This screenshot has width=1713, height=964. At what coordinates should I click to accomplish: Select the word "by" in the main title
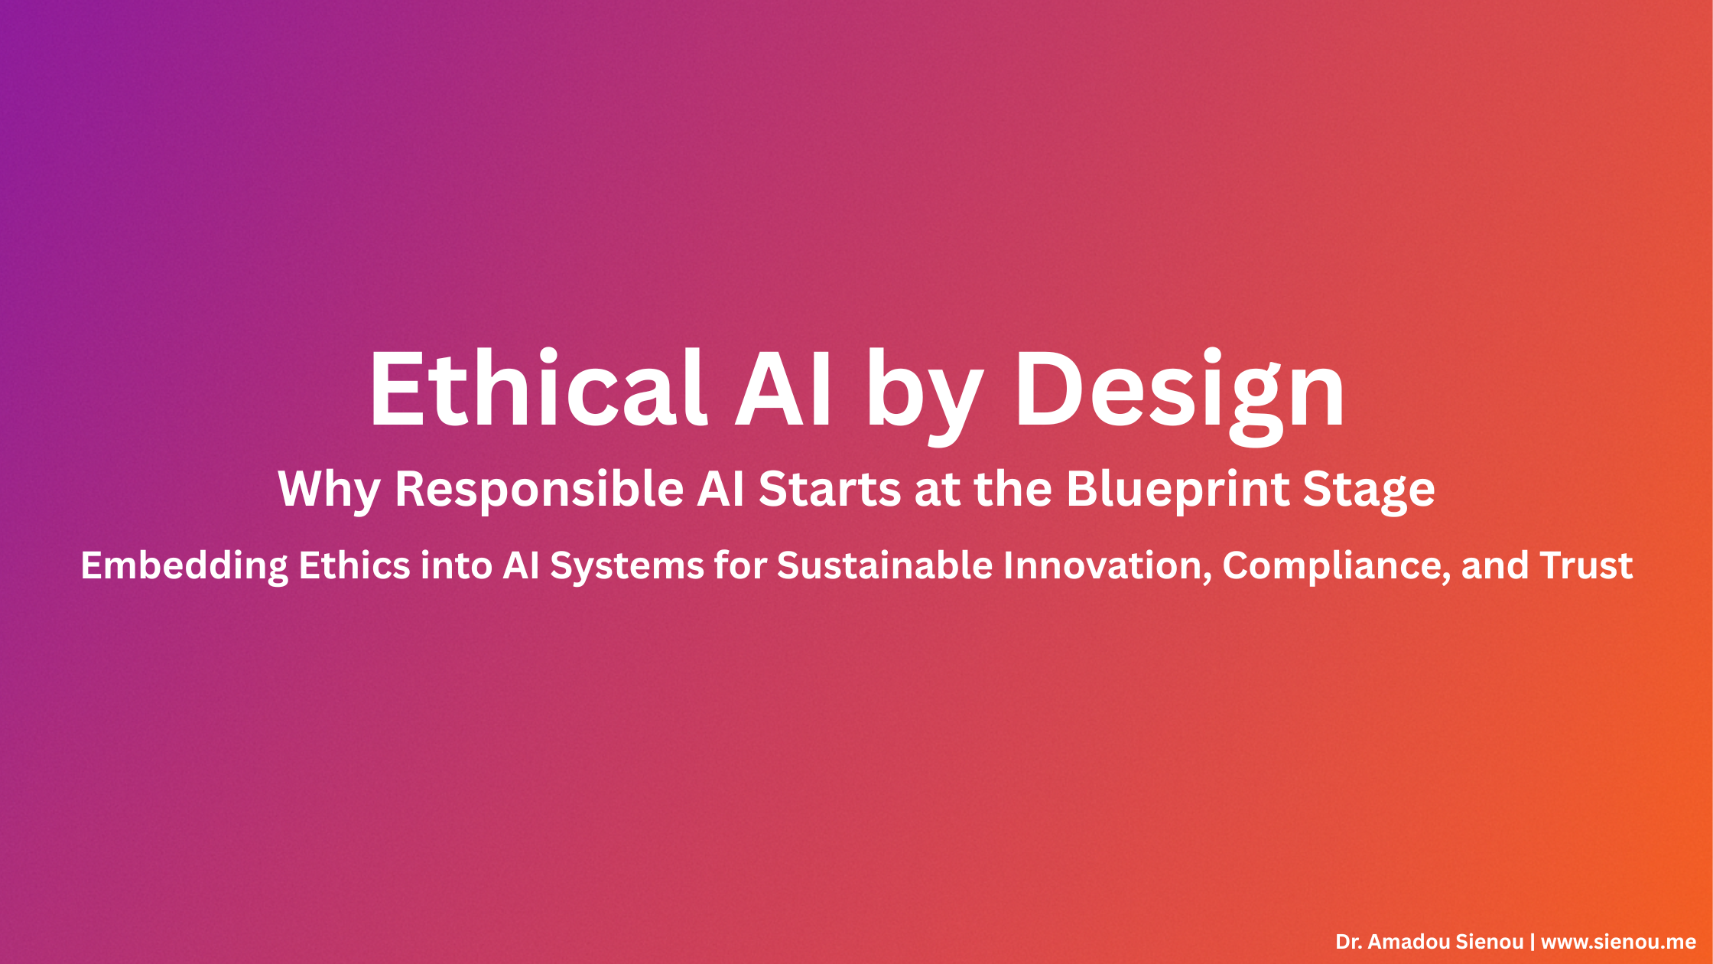923,394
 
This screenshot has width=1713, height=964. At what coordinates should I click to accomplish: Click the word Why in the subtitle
329,490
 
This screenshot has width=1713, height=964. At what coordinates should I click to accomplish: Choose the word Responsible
539,490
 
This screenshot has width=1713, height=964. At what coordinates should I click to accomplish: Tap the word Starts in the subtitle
830,490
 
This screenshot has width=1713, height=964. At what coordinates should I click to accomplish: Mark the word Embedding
184,566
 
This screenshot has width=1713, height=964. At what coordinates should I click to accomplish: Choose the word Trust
1586,566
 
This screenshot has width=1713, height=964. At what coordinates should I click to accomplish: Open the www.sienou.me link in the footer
1618,942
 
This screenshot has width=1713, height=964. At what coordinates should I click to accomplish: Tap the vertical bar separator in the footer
1532,942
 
